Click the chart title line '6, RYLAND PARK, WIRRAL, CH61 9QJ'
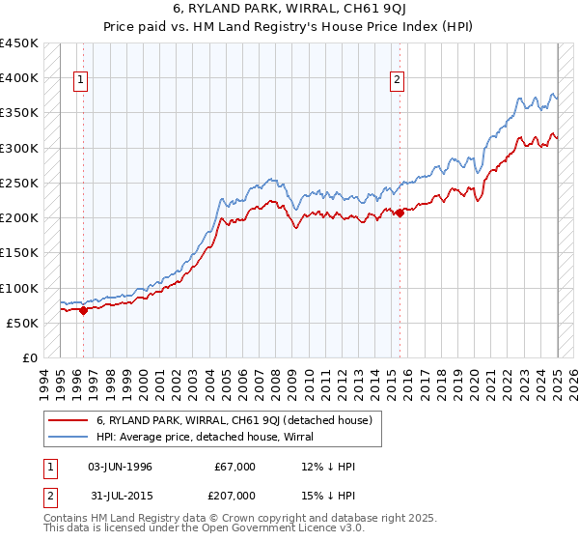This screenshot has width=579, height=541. click(x=289, y=10)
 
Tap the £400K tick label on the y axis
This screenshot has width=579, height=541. click(x=19, y=78)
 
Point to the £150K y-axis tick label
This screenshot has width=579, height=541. click(x=19, y=253)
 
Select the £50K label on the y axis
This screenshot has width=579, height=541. click(x=23, y=323)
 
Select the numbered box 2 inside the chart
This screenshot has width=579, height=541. click(x=397, y=81)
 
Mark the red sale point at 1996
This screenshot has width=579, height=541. click(x=83, y=311)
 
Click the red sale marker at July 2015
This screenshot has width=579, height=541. click(x=400, y=214)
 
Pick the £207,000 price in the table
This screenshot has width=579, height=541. click(x=235, y=495)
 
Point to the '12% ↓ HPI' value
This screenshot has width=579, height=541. click(x=328, y=467)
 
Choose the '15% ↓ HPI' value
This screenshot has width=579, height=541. click(x=328, y=495)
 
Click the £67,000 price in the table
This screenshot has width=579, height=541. click(x=235, y=467)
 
